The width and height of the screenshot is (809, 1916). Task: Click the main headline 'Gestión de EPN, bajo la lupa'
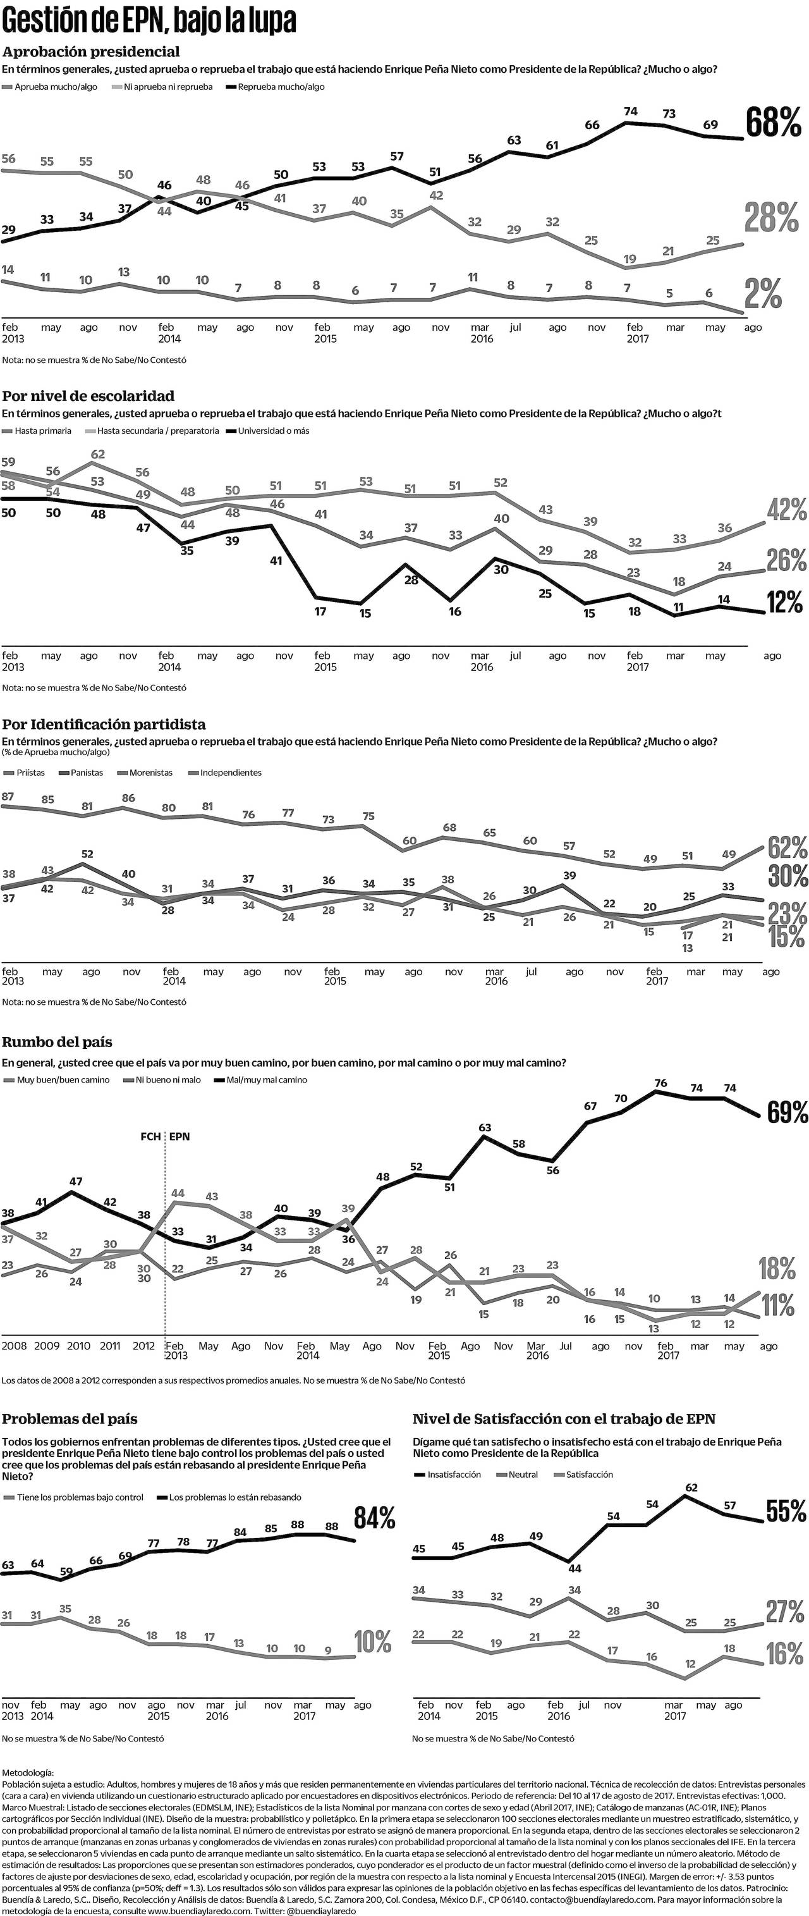coord(149,22)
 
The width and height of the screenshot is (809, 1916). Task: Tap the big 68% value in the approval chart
coord(774,123)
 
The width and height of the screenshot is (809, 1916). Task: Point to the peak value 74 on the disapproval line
coord(631,111)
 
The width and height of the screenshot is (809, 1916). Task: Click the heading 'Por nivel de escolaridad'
coord(88,396)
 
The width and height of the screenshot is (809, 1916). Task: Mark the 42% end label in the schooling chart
coord(787,510)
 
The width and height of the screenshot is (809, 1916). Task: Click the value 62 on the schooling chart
coord(97,455)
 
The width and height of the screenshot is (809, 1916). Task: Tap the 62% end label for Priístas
coord(788,847)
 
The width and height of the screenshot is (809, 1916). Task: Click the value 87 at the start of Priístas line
coord(8,797)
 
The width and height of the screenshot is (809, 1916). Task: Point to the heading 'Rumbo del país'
coord(58,1042)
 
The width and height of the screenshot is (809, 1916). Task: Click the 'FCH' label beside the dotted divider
coord(150,1136)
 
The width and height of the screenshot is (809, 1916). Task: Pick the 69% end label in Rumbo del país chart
coord(788,1114)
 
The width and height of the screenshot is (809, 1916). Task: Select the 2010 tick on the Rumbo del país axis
coord(78,1346)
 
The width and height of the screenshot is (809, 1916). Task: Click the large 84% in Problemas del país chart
coord(375,1518)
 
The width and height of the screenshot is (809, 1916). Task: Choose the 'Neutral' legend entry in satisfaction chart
coord(523,1474)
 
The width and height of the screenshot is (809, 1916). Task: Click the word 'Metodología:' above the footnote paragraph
coord(28,1773)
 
